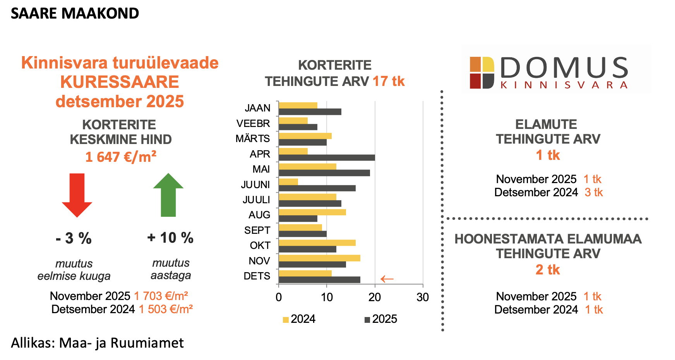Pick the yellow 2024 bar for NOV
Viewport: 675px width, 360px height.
319,258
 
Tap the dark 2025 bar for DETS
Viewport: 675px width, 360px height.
319,279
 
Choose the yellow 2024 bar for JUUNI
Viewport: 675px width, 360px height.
288,182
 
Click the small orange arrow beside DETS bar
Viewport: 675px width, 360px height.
387,279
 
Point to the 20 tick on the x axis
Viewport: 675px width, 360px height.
375,297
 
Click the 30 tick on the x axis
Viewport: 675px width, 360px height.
423,297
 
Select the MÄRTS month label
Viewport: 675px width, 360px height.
253,139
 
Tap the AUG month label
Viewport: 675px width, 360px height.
259,215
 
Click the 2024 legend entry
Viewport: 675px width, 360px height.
299,319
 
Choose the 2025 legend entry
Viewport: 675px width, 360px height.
381,319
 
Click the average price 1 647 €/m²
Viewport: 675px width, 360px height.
121,157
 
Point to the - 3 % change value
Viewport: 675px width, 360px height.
74,238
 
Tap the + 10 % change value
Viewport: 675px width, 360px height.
170,238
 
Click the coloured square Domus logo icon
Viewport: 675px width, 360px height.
482,73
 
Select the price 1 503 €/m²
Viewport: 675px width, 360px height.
166,309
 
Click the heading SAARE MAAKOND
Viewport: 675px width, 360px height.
75,14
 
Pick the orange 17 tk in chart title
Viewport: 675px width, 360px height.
389,81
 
